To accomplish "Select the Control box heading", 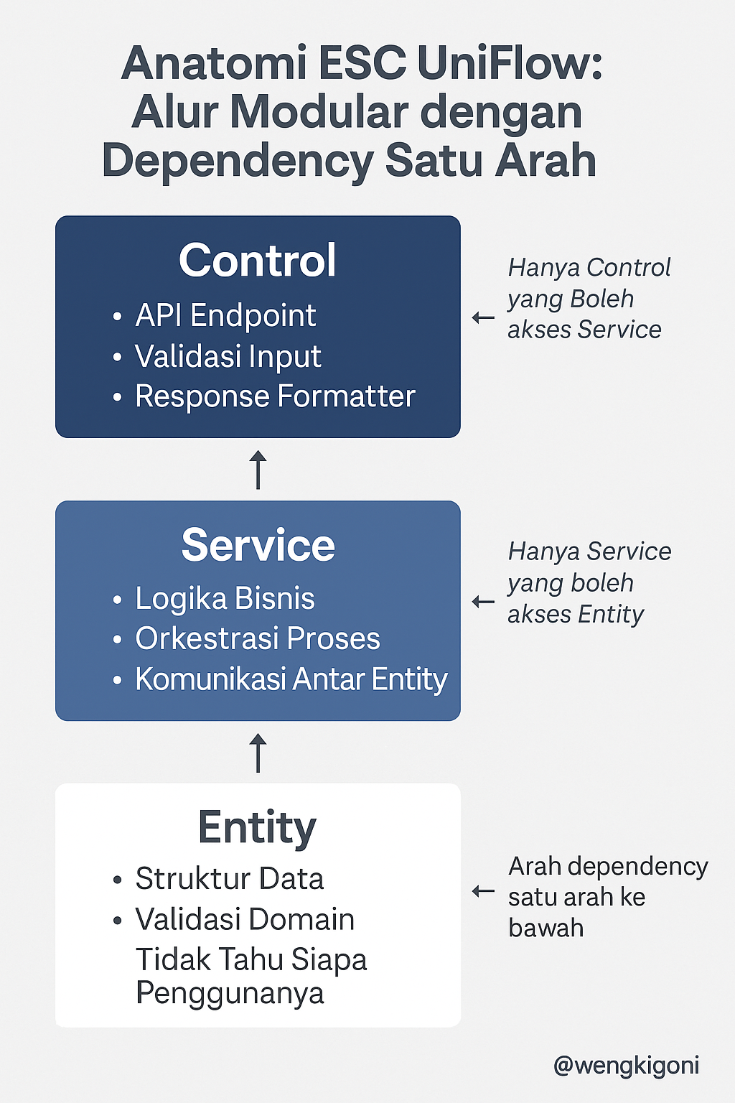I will (258, 260).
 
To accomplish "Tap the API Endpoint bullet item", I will (225, 315).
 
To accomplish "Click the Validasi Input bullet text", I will (228, 356).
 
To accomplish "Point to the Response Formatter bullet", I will (275, 396).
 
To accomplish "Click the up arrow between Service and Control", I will (258, 470).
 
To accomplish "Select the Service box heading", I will (258, 545).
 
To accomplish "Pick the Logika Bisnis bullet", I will (225, 598).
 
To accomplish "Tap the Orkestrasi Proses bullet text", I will (257, 638).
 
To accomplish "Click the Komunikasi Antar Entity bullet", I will (291, 679).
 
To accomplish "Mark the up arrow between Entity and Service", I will (258, 753).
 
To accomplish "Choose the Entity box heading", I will (257, 827).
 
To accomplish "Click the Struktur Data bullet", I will (229, 878).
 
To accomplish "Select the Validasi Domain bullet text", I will (245, 919).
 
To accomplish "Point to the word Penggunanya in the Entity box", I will (230, 993).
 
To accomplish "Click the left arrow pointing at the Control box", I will (483, 317).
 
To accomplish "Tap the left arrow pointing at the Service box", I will (483, 602).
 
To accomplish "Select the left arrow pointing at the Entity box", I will (483, 892).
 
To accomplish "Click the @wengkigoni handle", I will (626, 1065).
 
